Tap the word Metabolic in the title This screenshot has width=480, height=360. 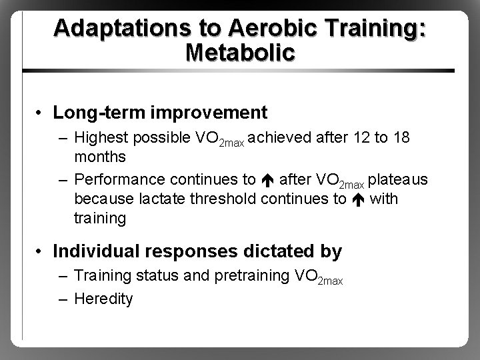(241, 53)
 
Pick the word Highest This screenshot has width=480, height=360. (101, 137)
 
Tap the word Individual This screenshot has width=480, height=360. (93, 251)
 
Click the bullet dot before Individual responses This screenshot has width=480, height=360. (41, 252)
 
